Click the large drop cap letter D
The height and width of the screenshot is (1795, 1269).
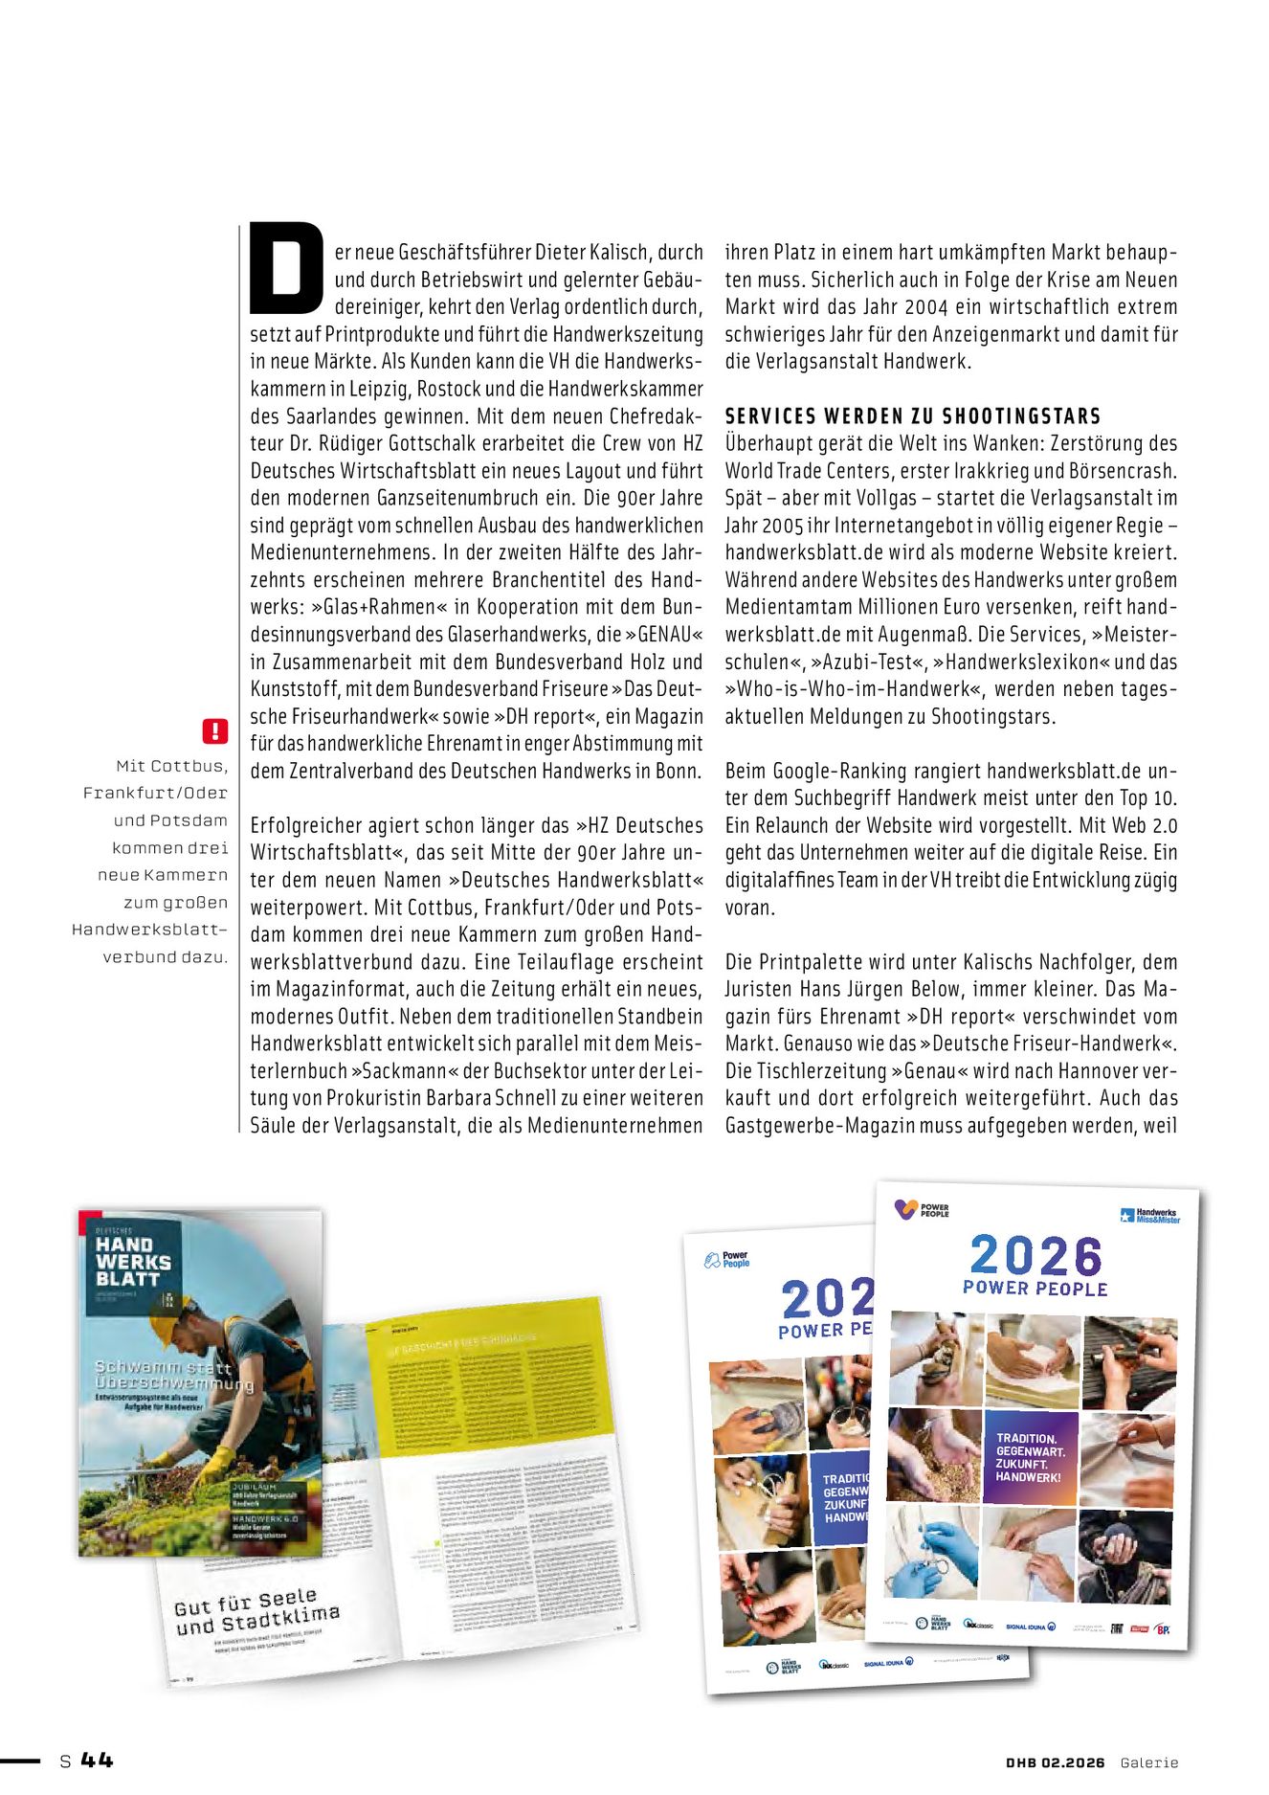pyautogui.click(x=285, y=268)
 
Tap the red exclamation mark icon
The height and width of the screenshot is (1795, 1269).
pyautogui.click(x=215, y=731)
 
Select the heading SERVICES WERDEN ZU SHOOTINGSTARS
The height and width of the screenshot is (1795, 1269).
pyautogui.click(x=913, y=416)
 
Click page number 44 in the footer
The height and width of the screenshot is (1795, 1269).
pyautogui.click(x=97, y=1760)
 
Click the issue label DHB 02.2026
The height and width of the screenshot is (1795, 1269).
pyautogui.click(x=1055, y=1762)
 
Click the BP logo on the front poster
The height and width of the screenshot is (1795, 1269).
pyautogui.click(x=1162, y=1628)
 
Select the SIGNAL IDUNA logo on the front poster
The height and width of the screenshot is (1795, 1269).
pyautogui.click(x=1030, y=1627)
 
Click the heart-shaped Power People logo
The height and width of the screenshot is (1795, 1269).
pyautogui.click(x=906, y=1210)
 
